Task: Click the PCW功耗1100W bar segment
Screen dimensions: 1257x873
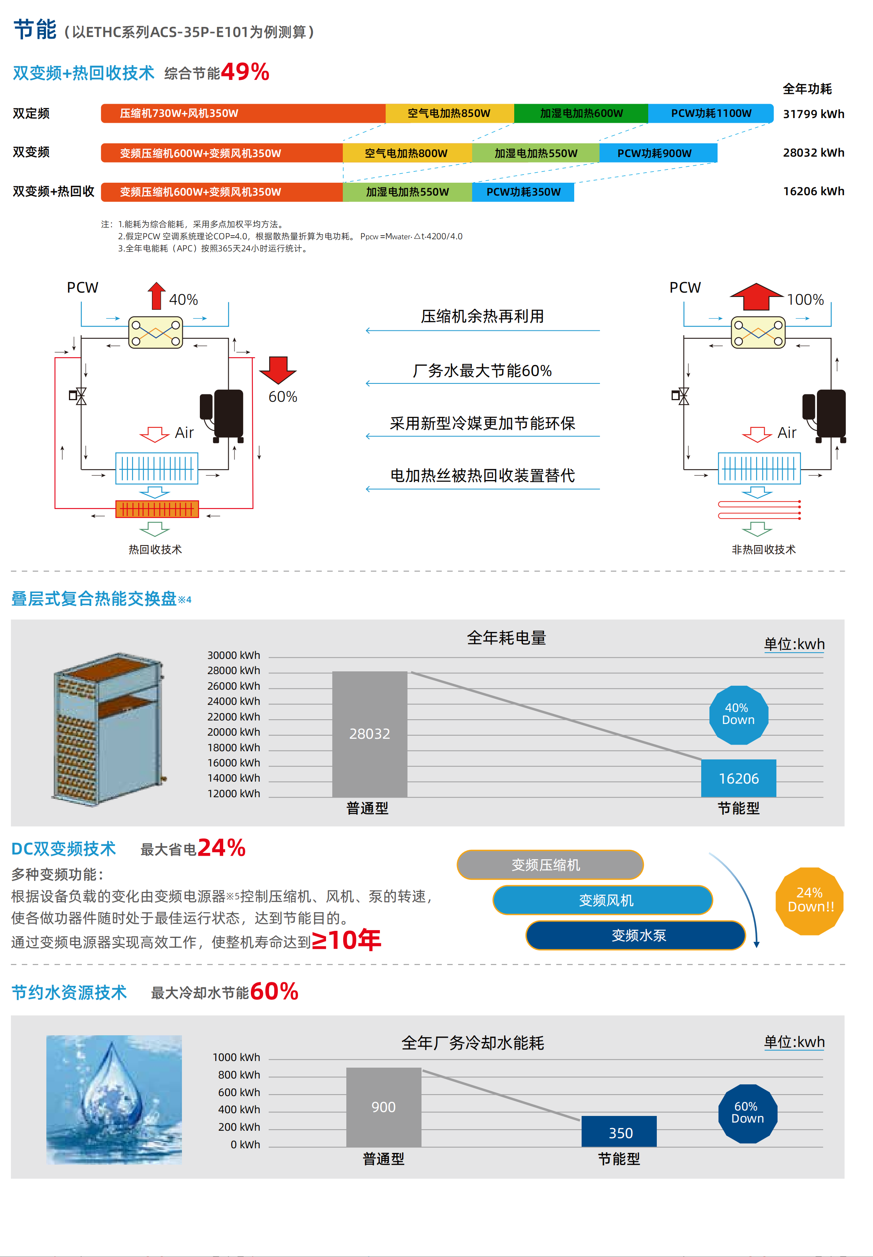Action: (711, 113)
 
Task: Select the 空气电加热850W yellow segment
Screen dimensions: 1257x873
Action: (449, 113)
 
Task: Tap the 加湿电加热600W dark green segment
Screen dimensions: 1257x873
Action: (581, 113)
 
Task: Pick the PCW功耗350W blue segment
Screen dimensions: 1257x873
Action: (523, 192)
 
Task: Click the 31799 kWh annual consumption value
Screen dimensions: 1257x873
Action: (813, 114)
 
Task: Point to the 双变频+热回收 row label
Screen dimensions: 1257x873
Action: (54, 191)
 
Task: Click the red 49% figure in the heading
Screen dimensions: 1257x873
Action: (245, 72)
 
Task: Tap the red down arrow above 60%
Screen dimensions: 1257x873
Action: (278, 370)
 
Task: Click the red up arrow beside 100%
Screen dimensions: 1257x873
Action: (757, 297)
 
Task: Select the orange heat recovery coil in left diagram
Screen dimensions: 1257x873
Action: (157, 509)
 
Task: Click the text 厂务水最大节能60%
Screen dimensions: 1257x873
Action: (482, 371)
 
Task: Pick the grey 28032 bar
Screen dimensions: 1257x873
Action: (370, 734)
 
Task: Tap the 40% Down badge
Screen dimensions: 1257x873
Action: (739, 714)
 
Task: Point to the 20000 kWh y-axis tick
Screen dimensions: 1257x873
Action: (234, 732)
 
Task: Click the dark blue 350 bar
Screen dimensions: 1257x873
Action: (619, 1132)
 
